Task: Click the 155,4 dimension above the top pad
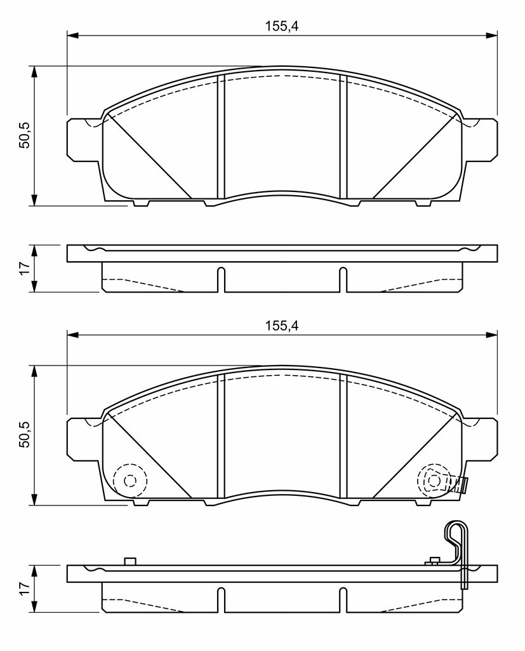pos(282,26)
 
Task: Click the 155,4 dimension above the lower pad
pos(282,325)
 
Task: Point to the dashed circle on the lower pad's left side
pos(130,481)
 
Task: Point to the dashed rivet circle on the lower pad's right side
pos(434,481)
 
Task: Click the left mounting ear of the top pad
pos(83,139)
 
